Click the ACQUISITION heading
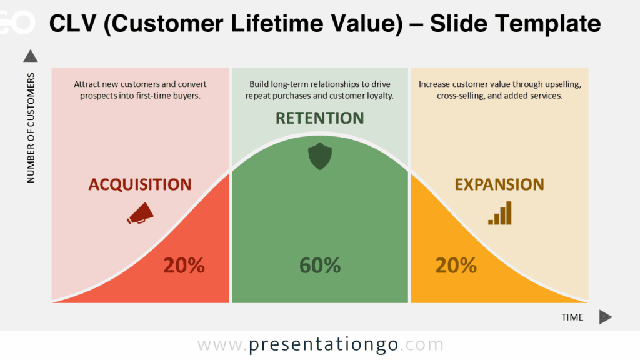tap(140, 184)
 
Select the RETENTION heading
tap(320, 118)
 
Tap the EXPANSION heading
tap(499, 184)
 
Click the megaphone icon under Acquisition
tap(140, 212)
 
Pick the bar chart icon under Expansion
tap(500, 212)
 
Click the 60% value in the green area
tap(320, 266)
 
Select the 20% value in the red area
tap(184, 266)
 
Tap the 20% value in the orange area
tap(456, 266)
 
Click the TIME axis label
tap(572, 317)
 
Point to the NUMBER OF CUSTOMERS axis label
tap(31, 128)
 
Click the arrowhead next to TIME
tap(605, 317)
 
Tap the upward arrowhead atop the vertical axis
tap(31, 56)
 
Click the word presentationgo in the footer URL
tap(323, 345)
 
